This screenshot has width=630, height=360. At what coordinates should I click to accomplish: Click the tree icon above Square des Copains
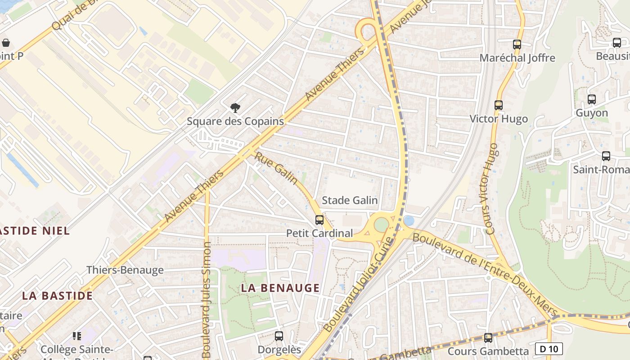click(x=235, y=108)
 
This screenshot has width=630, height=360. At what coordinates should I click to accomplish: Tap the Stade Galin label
click(x=350, y=200)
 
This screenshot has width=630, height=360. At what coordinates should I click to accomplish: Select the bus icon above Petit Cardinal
click(x=319, y=220)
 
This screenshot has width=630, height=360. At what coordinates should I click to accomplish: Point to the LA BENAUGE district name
click(x=280, y=288)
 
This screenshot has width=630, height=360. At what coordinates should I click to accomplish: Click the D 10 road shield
click(x=549, y=349)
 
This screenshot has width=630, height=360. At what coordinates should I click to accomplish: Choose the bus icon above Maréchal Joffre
click(x=517, y=45)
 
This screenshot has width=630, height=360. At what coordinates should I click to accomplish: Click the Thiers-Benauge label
click(x=125, y=270)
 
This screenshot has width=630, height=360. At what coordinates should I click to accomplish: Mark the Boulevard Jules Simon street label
click(x=207, y=299)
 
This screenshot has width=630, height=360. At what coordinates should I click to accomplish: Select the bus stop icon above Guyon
click(x=592, y=99)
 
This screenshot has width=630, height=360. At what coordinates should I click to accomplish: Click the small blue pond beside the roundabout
click(x=409, y=220)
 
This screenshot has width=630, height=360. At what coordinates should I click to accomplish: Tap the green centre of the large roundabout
click(x=381, y=225)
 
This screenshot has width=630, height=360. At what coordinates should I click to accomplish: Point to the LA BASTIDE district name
click(x=58, y=296)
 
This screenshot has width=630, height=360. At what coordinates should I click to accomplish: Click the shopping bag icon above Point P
click(x=6, y=43)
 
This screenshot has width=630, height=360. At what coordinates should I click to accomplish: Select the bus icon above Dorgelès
click(x=279, y=336)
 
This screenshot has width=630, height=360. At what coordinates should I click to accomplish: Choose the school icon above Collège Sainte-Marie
click(x=77, y=336)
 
